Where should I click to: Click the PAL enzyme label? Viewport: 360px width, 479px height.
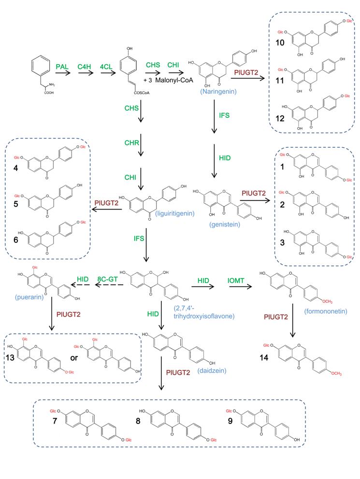tap(62, 65)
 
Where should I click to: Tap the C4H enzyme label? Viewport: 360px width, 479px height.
tap(85, 65)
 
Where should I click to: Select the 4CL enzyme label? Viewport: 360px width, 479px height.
tap(108, 65)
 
